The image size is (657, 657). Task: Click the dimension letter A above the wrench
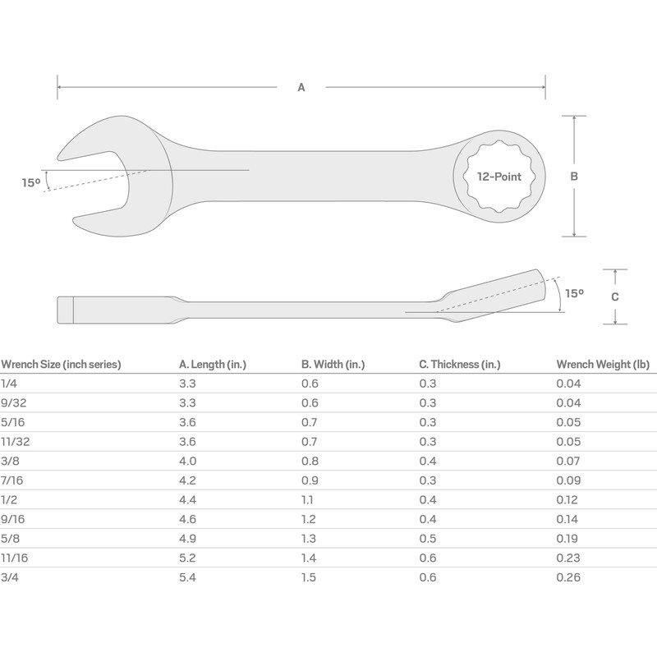[x=301, y=87]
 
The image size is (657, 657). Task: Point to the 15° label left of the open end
[x=30, y=183]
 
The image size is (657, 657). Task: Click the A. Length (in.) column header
[x=213, y=365]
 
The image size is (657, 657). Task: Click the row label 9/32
[x=12, y=402]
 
